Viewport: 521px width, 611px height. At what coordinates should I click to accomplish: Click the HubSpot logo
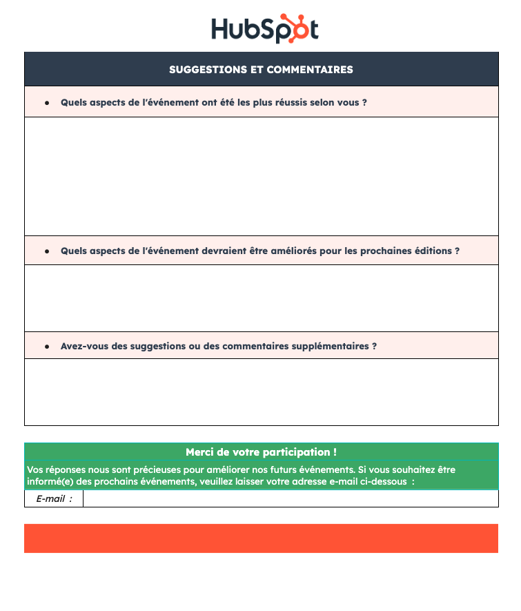264,28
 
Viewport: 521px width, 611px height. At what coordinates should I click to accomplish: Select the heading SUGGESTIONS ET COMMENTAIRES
261,70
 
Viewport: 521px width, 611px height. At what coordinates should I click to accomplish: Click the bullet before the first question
47,102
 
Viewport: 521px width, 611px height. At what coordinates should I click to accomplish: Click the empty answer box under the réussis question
261,176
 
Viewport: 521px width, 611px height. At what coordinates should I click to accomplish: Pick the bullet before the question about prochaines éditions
47,251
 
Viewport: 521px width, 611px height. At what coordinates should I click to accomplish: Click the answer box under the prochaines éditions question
261,298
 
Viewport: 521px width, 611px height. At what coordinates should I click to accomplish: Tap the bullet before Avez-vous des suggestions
47,346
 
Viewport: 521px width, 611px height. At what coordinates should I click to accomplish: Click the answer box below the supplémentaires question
261,391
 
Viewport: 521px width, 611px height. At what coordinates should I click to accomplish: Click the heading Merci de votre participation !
261,452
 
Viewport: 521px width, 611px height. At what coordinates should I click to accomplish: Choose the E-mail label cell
54,498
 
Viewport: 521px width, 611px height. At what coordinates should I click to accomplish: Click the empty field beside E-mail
290,498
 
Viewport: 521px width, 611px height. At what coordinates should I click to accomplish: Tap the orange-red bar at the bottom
261,538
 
